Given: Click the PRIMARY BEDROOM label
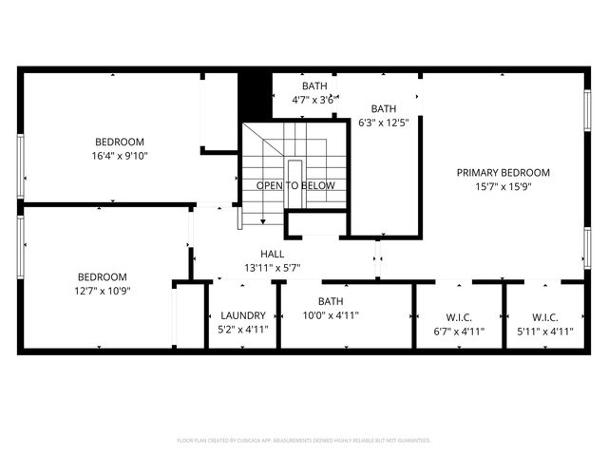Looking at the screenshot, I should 503,172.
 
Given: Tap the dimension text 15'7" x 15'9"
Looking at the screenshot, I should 503,187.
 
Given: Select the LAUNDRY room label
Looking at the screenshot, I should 243,316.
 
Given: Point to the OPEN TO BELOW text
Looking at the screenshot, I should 295,186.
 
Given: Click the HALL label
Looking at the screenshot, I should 273,254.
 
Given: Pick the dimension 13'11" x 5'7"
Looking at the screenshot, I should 273,268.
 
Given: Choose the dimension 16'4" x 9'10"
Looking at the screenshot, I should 120,156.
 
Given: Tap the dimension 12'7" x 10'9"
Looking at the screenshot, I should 103,291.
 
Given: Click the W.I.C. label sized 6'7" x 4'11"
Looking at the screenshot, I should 458,316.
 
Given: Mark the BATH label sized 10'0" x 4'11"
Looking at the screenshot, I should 330,301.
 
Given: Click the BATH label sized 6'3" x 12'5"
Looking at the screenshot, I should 384,108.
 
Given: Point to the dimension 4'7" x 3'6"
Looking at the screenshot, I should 313,99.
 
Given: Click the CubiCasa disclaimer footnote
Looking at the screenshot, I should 304,440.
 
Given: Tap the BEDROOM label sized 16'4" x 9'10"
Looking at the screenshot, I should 119,142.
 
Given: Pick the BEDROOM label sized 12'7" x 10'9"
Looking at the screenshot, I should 103,276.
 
